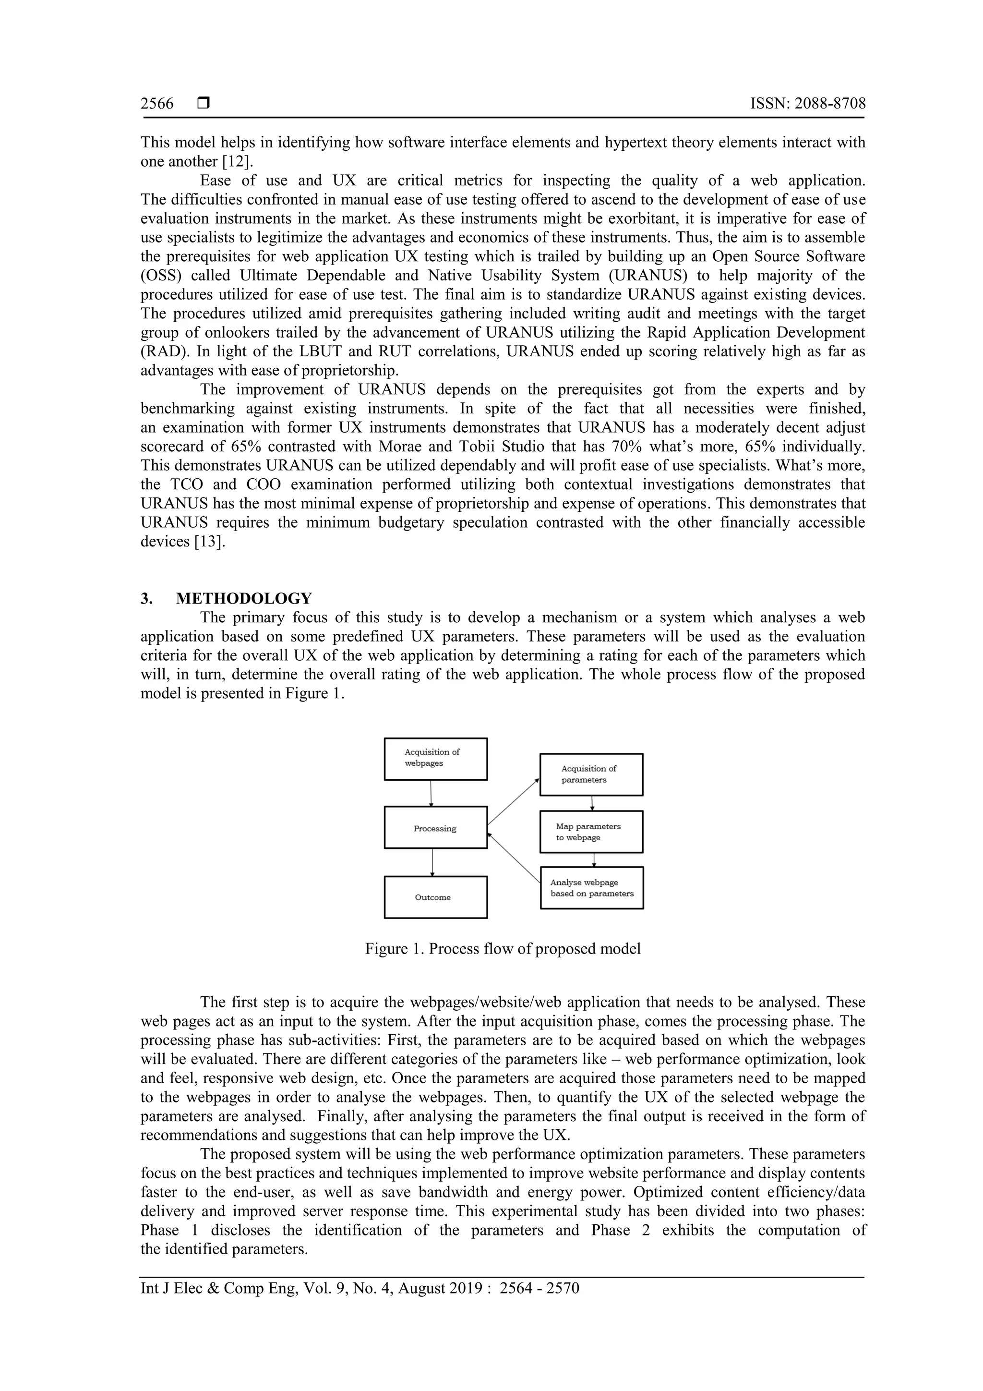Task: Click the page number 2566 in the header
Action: coord(157,104)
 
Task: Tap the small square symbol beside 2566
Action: coord(203,104)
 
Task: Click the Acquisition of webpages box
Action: coord(435,759)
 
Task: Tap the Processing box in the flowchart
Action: coord(435,828)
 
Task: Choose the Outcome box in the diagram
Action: coord(435,897)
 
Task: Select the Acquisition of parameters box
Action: coord(591,774)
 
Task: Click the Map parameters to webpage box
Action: coord(591,832)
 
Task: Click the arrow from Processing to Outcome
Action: coord(432,862)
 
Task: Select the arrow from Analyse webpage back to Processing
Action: coord(514,859)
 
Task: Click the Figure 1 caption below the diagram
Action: coord(502,949)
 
